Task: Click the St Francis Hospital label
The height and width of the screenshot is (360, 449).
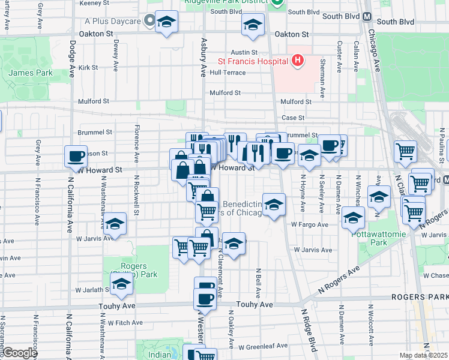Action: [252, 61]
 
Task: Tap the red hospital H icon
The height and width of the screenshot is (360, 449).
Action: [296, 61]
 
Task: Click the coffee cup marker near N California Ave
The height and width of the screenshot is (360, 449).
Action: [76, 156]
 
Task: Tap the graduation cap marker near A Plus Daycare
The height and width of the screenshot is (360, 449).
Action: [166, 22]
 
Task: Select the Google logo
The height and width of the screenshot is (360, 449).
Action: [19, 353]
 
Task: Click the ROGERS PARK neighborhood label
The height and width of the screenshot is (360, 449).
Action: [420, 297]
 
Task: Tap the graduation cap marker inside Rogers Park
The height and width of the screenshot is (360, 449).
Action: [121, 286]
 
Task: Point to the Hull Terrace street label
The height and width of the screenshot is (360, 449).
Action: [228, 73]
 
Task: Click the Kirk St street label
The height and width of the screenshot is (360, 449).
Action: [88, 68]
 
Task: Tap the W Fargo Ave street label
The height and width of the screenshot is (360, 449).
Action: [310, 224]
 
